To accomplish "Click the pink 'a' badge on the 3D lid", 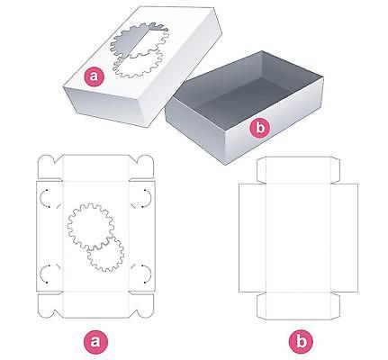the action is tap(94, 76).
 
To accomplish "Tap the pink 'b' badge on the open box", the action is tap(260, 128).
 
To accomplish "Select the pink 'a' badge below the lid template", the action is tap(95, 341).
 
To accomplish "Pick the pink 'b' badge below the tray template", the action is tap(301, 341).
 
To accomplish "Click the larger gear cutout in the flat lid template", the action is tap(91, 226).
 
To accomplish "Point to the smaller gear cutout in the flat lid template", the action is tap(105, 254).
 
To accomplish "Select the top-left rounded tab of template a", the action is tap(50, 167).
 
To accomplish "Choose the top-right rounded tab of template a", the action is tap(141, 167).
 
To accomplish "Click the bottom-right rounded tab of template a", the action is tap(141, 306).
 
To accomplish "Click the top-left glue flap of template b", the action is tap(262, 169).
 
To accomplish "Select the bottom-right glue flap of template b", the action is tap(335, 306).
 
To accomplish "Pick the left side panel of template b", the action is tap(252, 238).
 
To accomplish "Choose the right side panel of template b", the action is tap(345, 238).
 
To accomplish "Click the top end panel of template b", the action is tap(299, 170).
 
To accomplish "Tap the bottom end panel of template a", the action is tap(96, 304).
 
